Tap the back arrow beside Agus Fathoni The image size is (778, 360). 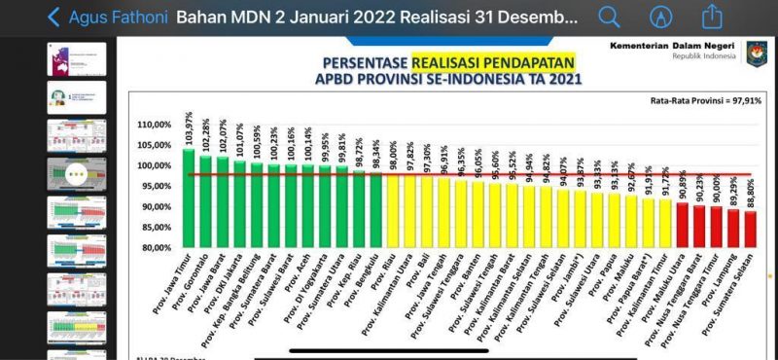53,17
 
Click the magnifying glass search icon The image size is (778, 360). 609,17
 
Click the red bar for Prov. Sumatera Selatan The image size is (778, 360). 749,229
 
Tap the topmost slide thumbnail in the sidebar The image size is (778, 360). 78,59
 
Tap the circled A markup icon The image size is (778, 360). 661,17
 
